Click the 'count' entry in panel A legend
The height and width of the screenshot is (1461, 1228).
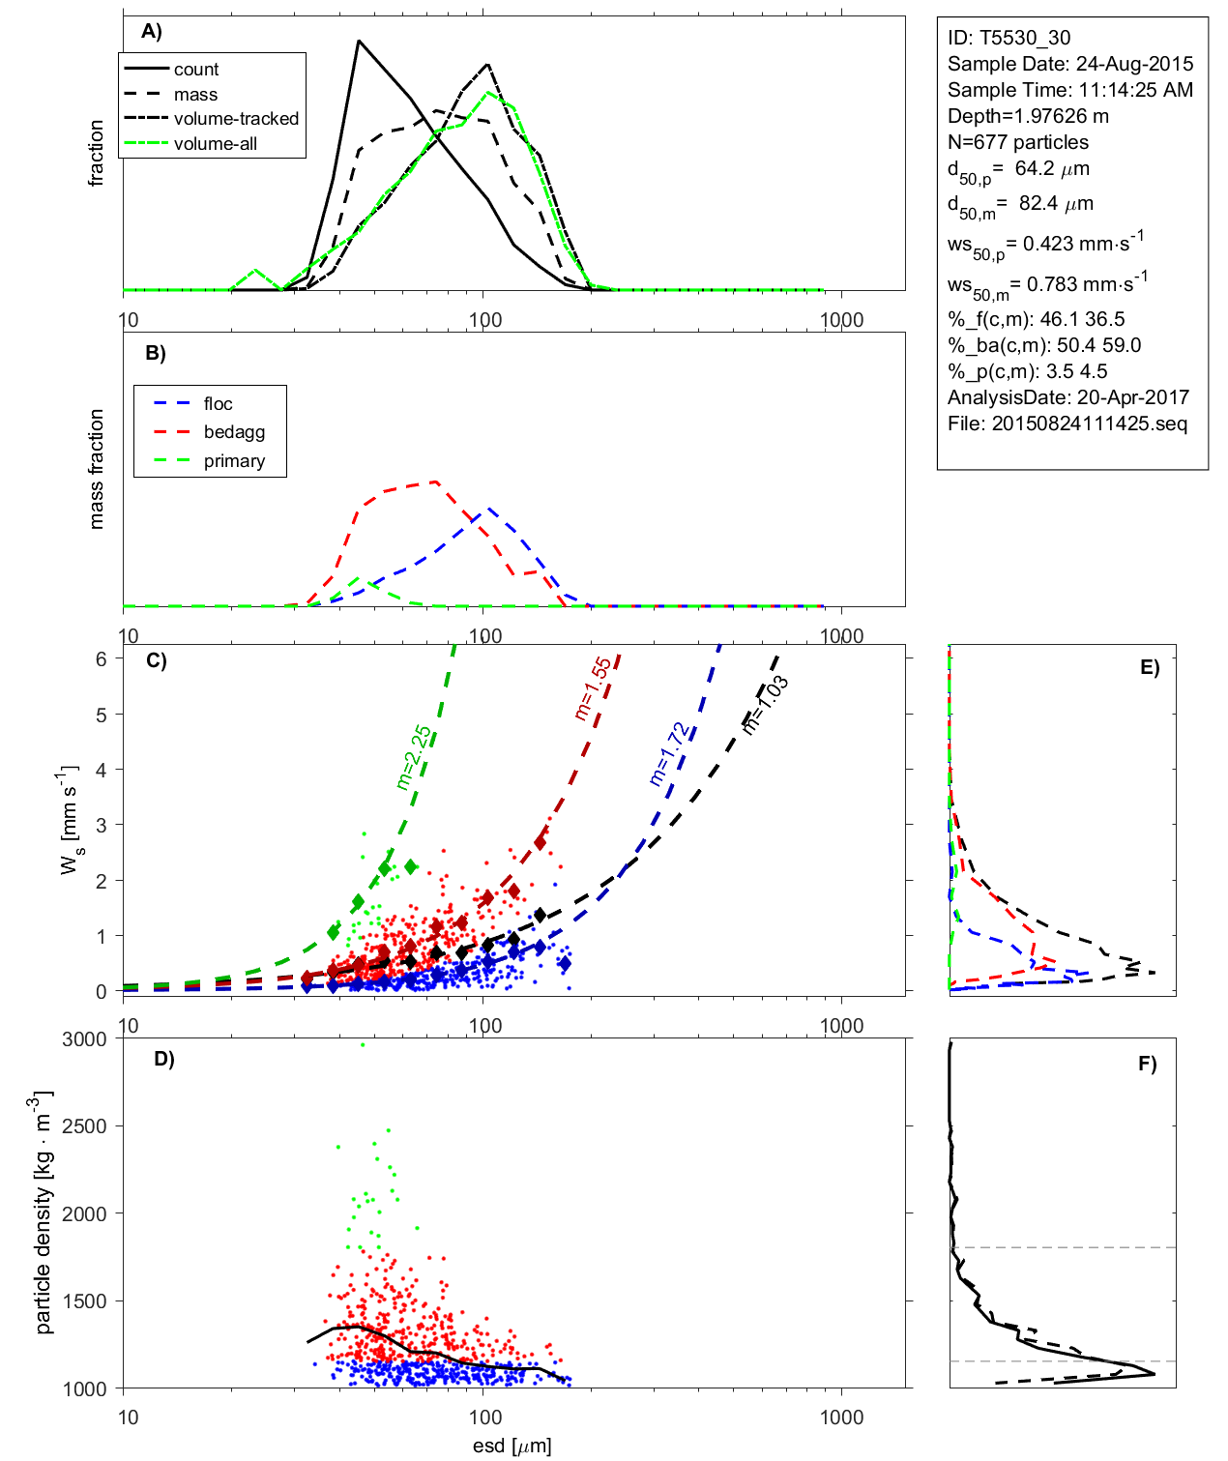tap(196, 70)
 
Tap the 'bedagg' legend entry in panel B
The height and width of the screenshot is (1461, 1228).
tap(234, 432)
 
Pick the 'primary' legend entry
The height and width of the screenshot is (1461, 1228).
tap(234, 461)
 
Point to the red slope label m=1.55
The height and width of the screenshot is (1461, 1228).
tap(592, 688)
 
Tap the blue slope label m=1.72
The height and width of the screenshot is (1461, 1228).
tap(669, 754)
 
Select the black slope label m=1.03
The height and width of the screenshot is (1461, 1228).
tap(764, 704)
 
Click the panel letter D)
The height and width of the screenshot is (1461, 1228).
tap(164, 1059)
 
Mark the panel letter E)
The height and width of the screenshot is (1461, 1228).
tap(1149, 667)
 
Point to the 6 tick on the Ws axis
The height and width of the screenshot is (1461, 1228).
tap(101, 658)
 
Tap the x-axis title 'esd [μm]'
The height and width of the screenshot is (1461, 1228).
tap(512, 1446)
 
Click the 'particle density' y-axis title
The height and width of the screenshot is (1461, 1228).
tap(44, 1213)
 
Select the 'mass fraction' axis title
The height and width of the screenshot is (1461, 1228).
tap(96, 469)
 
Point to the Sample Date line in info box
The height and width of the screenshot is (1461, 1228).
tap(1070, 64)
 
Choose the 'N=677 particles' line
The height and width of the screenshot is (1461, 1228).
tap(1018, 142)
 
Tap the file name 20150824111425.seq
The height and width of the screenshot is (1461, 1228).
tap(1089, 424)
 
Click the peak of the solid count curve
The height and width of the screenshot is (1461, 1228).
tap(359, 42)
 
